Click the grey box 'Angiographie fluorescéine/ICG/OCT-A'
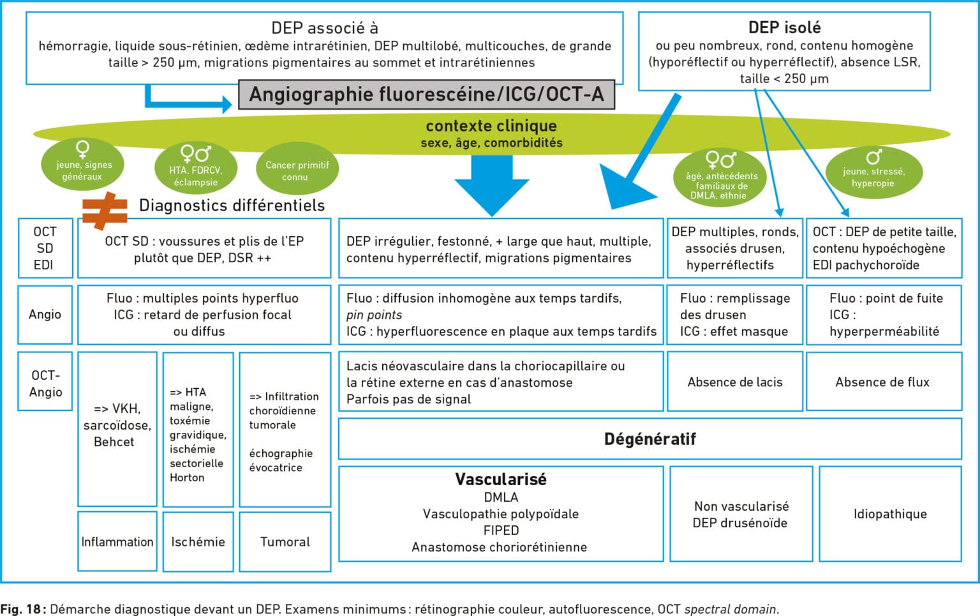426,94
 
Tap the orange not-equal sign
105,211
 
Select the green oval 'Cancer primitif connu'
297,170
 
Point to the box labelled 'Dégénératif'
650,439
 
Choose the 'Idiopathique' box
890,514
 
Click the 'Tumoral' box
285,541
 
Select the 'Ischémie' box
198,541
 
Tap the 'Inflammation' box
117,541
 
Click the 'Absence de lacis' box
734,382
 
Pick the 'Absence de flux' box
883,382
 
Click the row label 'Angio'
45,314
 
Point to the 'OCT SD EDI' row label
45,248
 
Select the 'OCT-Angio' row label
45,383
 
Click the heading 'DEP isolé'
784,27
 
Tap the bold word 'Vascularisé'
500,479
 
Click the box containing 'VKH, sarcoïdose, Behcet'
117,425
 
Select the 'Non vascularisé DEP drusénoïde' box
741,514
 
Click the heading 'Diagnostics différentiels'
232,205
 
